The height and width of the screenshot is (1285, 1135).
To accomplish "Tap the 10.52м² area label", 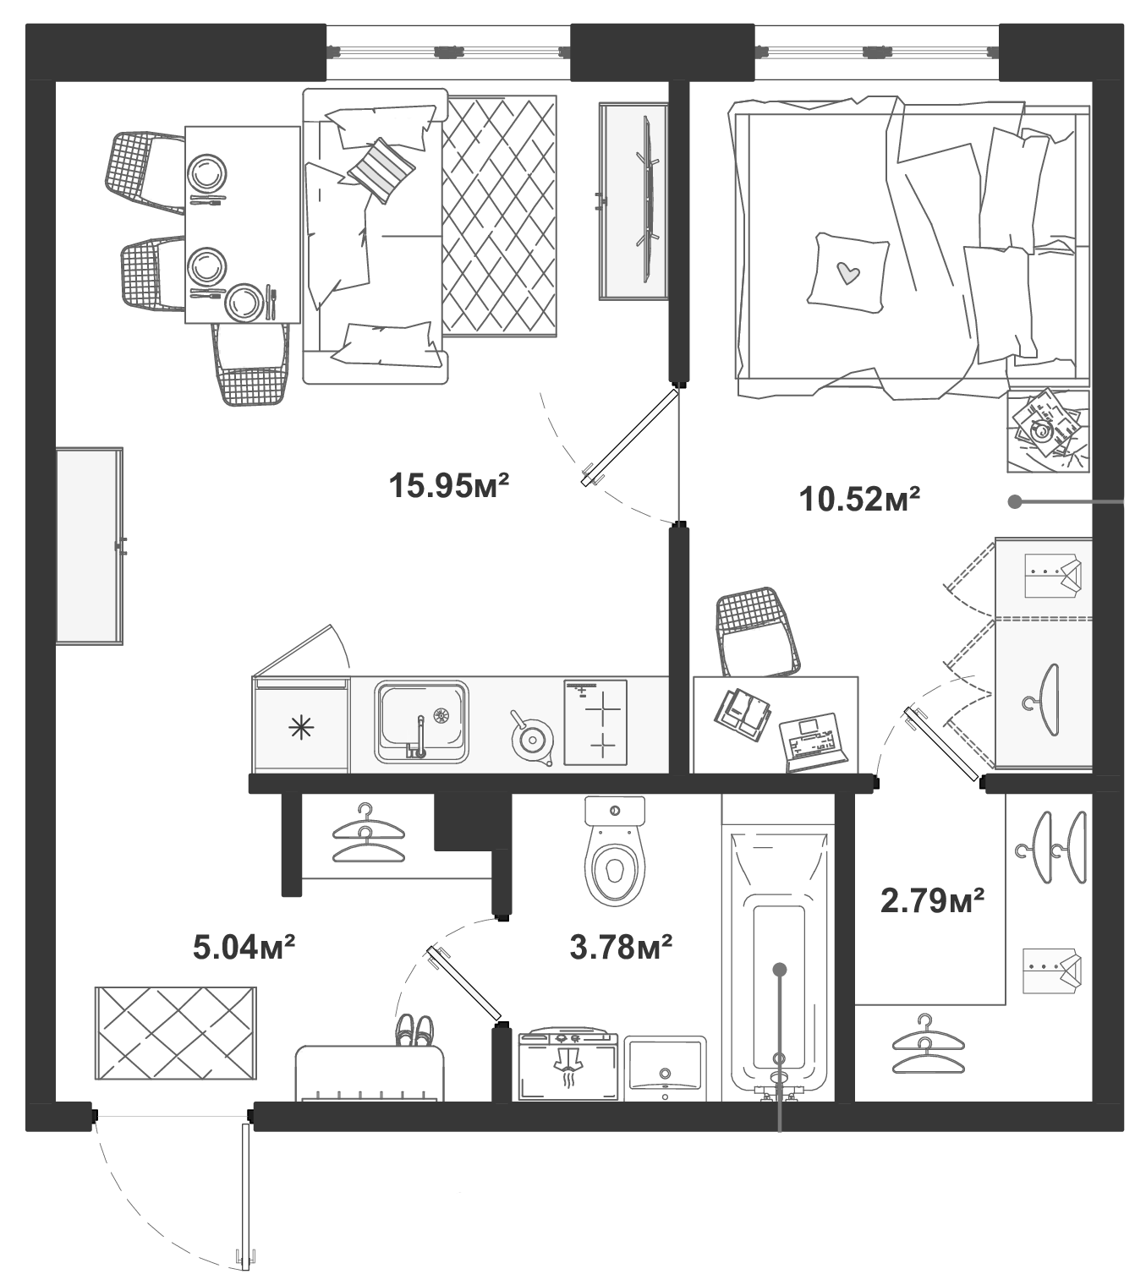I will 859,499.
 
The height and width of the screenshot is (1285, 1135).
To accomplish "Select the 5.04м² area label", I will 244,947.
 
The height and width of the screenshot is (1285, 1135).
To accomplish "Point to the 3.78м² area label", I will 622,947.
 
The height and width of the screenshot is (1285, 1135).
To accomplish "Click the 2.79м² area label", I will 932,900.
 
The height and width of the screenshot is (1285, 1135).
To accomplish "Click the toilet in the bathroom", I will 615,854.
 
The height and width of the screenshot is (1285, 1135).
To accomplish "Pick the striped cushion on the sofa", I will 381,170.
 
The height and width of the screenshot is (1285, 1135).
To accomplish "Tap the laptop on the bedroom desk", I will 813,741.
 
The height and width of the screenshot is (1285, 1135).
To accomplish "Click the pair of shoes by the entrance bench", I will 414,1030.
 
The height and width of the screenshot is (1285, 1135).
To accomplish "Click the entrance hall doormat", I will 176,1033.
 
